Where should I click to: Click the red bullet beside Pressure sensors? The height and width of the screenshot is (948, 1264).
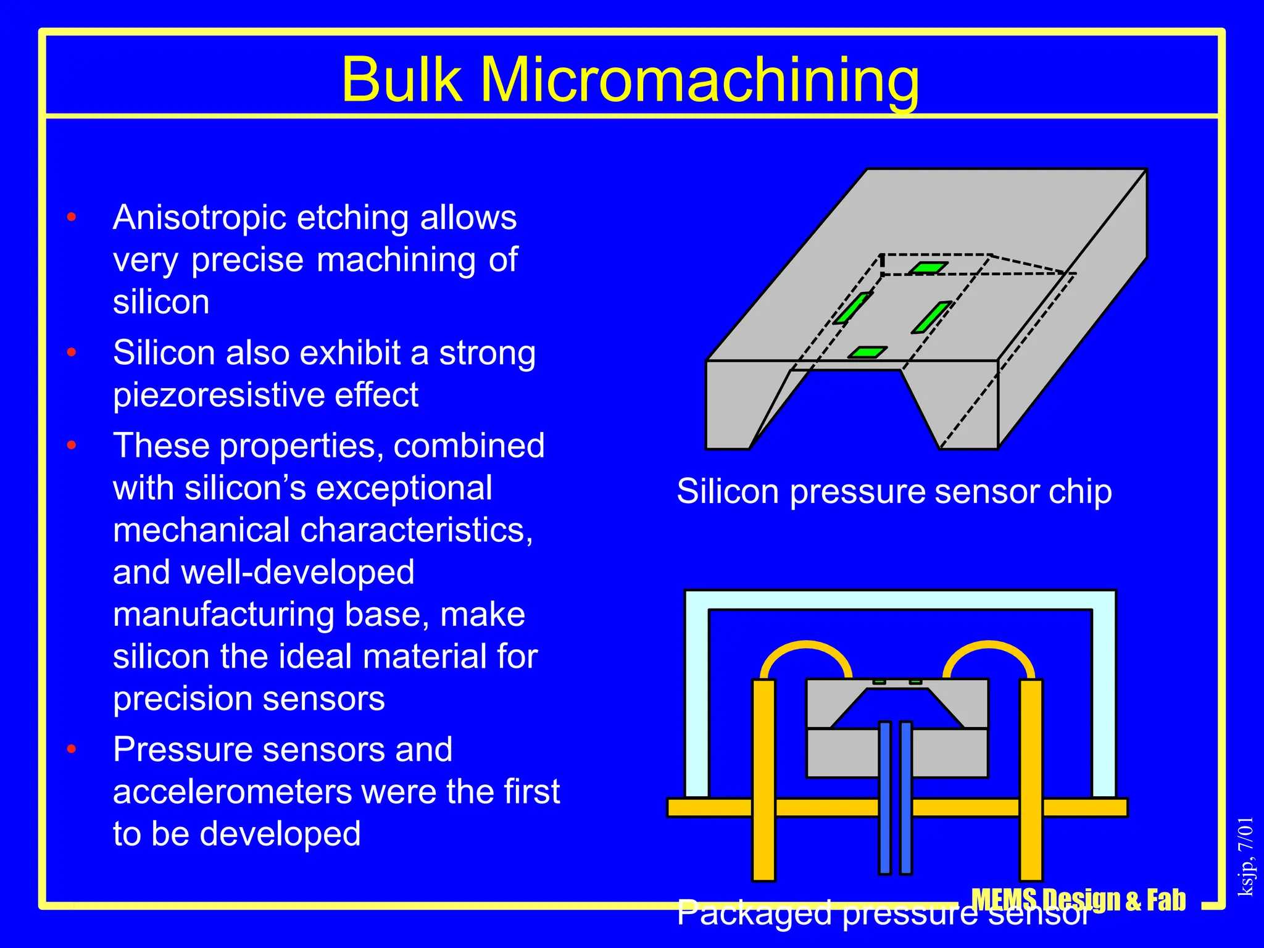pyautogui.click(x=72, y=749)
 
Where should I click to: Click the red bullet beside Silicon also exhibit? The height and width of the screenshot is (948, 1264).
pyautogui.click(x=72, y=353)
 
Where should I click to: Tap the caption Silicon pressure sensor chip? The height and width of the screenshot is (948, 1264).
pyautogui.click(x=894, y=492)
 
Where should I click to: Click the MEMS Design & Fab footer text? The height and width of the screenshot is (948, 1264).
pyautogui.click(x=1078, y=900)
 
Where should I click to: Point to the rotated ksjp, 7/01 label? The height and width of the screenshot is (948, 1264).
pyautogui.click(x=1246, y=856)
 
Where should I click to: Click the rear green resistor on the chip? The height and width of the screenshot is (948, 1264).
pyautogui.click(x=928, y=268)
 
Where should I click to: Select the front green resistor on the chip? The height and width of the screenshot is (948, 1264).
pyautogui.click(x=867, y=352)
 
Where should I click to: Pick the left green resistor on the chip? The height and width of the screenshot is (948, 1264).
pyautogui.click(x=853, y=307)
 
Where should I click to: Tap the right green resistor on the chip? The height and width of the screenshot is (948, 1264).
pyautogui.click(x=931, y=317)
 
